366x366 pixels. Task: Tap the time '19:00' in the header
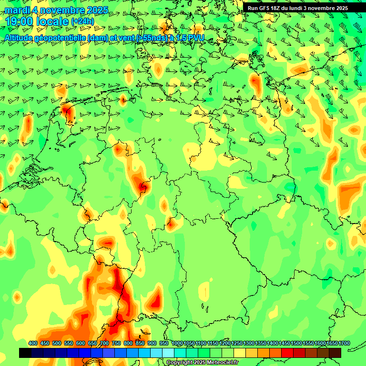(22, 21)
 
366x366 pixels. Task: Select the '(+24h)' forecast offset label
(82, 21)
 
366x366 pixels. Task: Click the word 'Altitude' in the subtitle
(22, 38)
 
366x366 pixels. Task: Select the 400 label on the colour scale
(33, 344)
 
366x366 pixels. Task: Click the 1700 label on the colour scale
(332, 344)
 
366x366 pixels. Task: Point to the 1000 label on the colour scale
(177, 344)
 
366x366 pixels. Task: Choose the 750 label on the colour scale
(116, 344)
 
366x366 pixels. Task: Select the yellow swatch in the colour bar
(240, 353)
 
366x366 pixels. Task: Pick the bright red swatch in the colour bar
(287, 353)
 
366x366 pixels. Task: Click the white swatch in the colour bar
(168, 353)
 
